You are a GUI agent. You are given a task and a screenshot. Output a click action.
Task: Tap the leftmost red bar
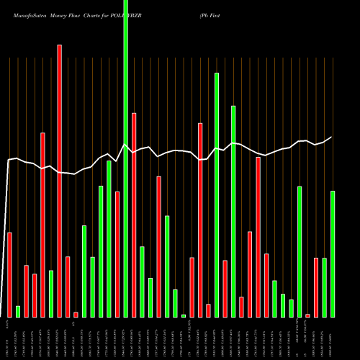pyautogui.click(x=9, y=274)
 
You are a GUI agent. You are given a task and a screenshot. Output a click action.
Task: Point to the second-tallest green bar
pyautogui.click(x=217, y=194)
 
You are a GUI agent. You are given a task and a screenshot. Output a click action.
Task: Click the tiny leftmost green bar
pyautogui.click(x=18, y=311)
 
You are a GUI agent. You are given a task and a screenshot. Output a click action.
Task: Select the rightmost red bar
pyautogui.click(x=316, y=287)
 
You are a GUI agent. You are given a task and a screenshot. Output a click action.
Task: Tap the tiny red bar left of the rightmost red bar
pyautogui.click(x=307, y=315)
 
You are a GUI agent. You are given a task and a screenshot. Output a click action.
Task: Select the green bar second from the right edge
pyautogui.click(x=324, y=287)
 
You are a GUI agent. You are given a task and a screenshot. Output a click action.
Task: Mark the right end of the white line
pyautogui.click(x=332, y=137)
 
